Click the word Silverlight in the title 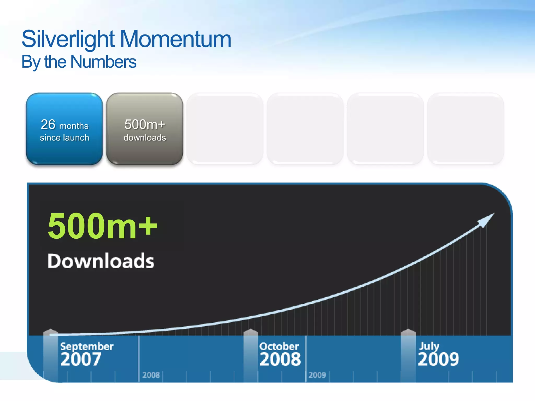coord(68,39)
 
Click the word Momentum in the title coord(175,39)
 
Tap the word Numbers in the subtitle coord(103,62)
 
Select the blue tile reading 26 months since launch coord(64,129)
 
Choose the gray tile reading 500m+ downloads coord(144,129)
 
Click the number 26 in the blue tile coord(48,124)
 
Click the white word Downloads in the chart coord(101,261)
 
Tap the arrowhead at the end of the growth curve coord(487,219)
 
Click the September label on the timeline coord(87,346)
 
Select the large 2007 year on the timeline coord(80,359)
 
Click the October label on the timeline coord(279,346)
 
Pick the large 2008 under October coord(280,359)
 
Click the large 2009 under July coord(438,359)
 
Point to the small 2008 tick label coord(151,375)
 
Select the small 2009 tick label coord(317,375)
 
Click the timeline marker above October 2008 coord(251,333)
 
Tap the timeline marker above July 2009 coord(408,333)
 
